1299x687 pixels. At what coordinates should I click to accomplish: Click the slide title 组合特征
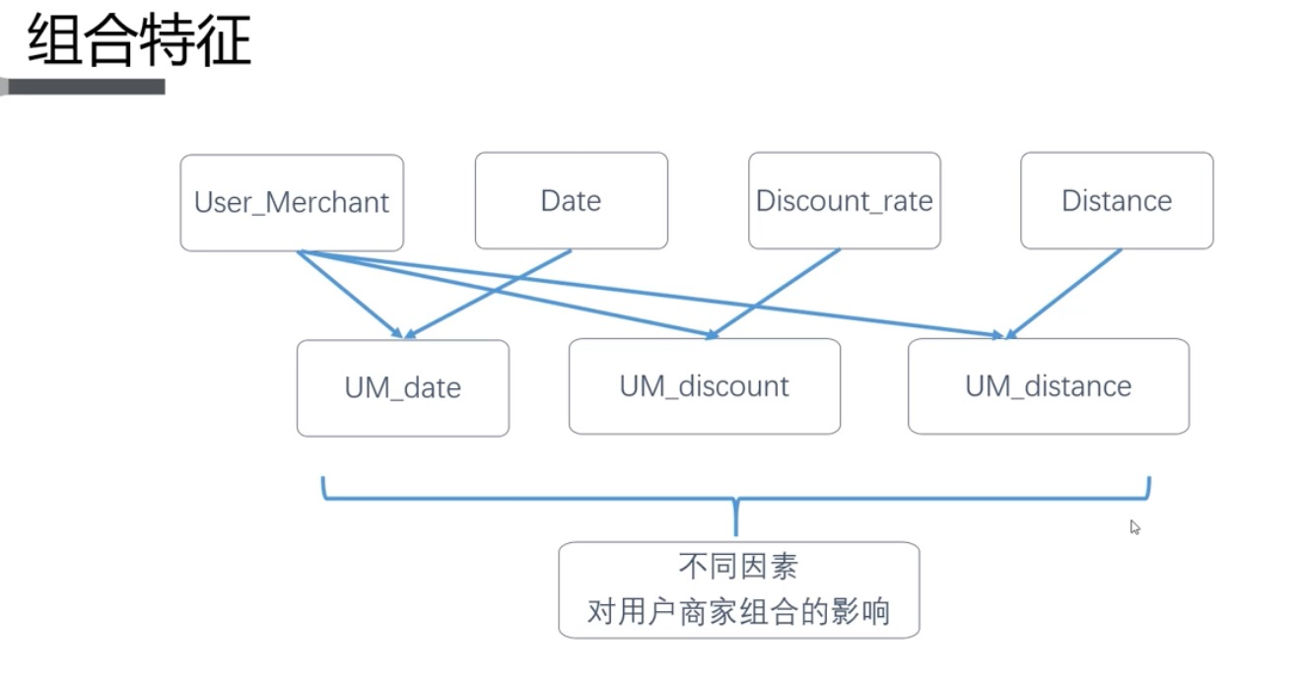tap(139, 42)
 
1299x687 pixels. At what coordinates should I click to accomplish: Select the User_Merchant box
tap(292, 202)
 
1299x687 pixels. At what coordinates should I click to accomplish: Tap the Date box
tap(571, 200)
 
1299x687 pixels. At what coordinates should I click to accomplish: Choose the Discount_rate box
tap(844, 200)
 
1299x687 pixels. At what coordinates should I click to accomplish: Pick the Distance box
tap(1117, 200)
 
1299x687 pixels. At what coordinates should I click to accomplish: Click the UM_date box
tap(402, 387)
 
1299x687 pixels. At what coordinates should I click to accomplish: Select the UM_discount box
tap(704, 385)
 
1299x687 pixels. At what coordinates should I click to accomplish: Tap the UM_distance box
tap(1048, 385)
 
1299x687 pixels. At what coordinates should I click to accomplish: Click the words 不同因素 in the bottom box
tap(738, 567)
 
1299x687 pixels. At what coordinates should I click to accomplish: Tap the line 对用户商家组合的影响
tap(738, 612)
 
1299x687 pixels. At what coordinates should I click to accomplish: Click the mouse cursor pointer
tap(1134, 527)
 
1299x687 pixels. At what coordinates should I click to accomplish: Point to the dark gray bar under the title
tap(84, 87)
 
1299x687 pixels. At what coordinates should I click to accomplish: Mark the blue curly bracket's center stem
tap(736, 516)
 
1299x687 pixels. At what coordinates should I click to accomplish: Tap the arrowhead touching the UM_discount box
tap(710, 333)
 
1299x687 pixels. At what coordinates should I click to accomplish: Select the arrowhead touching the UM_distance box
tap(1005, 334)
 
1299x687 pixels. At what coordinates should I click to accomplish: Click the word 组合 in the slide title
tap(83, 42)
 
